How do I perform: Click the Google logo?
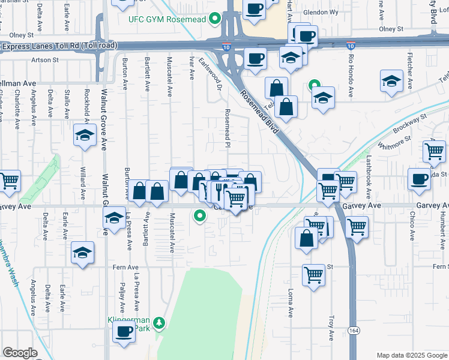coord(20,353)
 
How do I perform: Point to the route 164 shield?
coord(352,331)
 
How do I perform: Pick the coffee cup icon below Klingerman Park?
coord(124,331)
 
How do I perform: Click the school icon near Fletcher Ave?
coord(391,81)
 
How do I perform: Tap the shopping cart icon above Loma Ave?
coord(313,275)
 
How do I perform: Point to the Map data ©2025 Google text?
coord(411,355)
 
